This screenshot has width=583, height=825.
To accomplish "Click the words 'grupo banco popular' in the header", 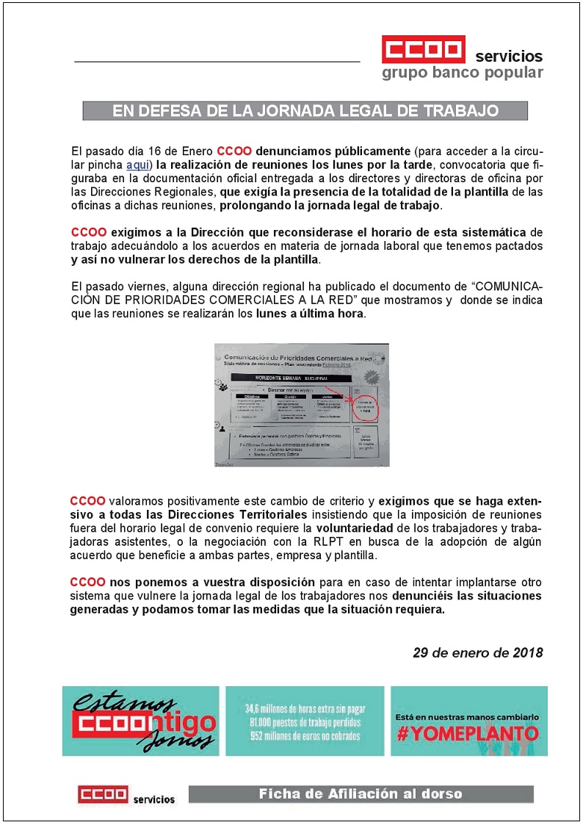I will (462, 73).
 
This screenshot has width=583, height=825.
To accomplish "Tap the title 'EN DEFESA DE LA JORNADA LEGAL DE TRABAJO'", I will (305, 111).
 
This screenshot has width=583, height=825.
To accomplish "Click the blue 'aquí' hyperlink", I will (138, 165).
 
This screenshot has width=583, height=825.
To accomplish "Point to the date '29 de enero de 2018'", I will (477, 652).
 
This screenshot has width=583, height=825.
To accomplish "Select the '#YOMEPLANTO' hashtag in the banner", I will (468, 733).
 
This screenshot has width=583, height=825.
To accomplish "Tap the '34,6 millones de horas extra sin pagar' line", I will (305, 710).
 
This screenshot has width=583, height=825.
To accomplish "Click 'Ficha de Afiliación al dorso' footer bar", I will (361, 794).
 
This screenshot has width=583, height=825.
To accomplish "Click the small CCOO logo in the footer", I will (103, 795).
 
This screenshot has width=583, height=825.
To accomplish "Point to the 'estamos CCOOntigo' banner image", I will (141, 721).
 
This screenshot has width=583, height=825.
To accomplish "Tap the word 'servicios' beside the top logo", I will (509, 57).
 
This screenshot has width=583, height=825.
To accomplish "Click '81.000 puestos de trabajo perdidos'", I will (305, 723).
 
